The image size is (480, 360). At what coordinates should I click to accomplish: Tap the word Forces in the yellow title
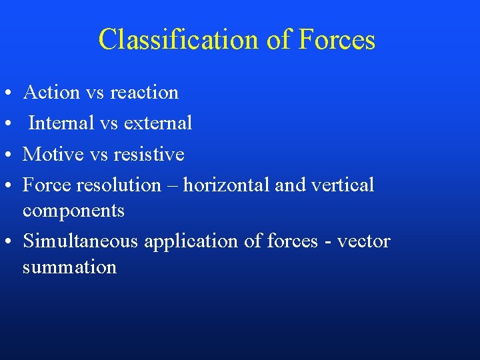point(337,40)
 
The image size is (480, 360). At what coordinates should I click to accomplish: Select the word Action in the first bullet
point(51,92)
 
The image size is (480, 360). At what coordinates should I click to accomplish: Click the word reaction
point(145,93)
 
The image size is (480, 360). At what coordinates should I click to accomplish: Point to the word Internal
point(58,123)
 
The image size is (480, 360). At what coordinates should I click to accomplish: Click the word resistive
point(149,154)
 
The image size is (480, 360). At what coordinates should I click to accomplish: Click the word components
point(73,211)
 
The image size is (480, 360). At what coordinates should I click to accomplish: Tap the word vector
point(363,241)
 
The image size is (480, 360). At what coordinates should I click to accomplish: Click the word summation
point(69,267)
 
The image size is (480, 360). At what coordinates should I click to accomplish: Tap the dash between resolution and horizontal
point(172,185)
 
